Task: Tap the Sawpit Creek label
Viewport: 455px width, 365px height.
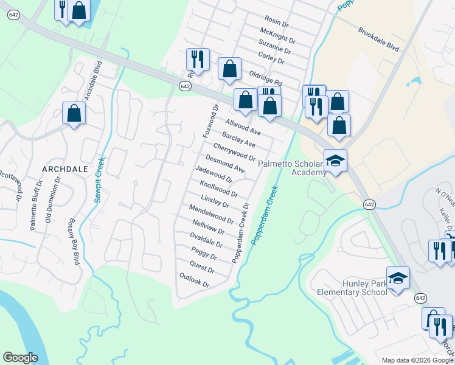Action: pos(99,179)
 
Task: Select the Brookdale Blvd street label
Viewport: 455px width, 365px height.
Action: pos(378,39)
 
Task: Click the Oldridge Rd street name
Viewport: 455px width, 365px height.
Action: pos(266,77)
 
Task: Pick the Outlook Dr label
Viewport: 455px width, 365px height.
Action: pos(194,280)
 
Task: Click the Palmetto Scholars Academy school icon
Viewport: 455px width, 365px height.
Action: pos(335,161)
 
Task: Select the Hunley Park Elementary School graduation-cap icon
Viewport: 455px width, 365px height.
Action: pos(398,277)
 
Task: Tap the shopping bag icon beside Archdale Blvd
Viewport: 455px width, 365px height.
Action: pos(74,113)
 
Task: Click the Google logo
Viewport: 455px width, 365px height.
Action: pos(20,357)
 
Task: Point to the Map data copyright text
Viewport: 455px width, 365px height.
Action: pos(417,360)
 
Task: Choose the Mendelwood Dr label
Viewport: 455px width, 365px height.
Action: pos(211,214)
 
